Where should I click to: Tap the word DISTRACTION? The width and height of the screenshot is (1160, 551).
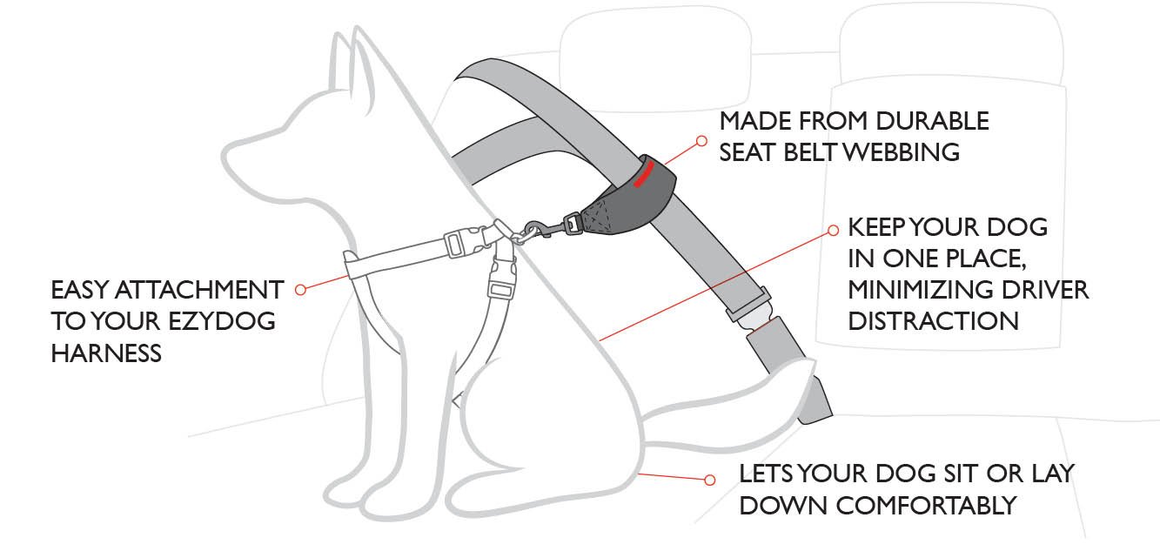[x=934, y=320]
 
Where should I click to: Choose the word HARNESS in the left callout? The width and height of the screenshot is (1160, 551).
[x=106, y=353]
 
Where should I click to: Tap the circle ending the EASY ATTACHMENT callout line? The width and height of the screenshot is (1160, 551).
[x=300, y=289]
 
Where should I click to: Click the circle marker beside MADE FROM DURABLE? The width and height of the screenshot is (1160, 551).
[x=702, y=139]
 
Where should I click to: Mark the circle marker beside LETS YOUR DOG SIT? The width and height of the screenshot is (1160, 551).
[x=709, y=480]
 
